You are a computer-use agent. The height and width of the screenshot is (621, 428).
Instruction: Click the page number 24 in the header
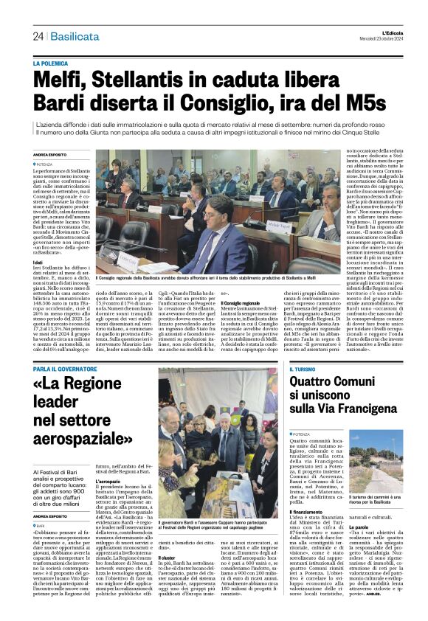[x=38, y=37]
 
